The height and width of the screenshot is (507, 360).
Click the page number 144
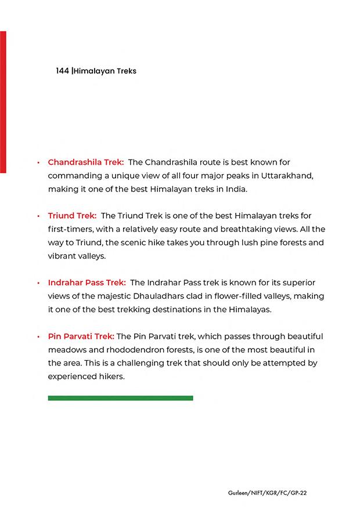pyautogui.click(x=62, y=71)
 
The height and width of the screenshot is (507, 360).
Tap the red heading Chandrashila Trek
pyautogui.click(x=86, y=162)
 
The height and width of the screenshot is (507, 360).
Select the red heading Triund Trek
pyautogui.click(x=72, y=216)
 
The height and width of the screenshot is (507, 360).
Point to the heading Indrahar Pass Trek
pyautogui.click(x=87, y=283)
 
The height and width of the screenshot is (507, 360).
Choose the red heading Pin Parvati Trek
pyautogui.click(x=81, y=336)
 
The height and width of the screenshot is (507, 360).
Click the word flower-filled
pyautogui.click(x=251, y=296)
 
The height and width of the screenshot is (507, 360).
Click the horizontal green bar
pyautogui.click(x=120, y=398)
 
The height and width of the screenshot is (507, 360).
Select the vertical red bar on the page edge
pyautogui.click(x=3, y=102)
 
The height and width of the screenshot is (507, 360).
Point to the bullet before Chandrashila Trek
pyautogui.click(x=38, y=162)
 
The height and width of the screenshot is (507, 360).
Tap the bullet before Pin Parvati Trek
pyautogui.click(x=38, y=337)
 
